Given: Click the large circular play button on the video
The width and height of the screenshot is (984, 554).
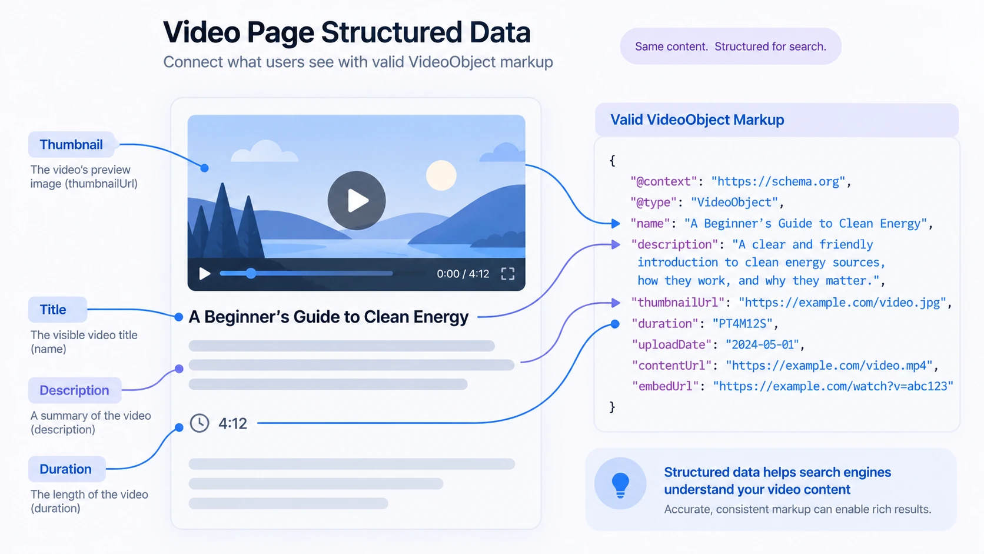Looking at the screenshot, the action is (x=357, y=200).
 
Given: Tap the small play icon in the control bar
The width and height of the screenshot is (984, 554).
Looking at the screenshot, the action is (x=204, y=274).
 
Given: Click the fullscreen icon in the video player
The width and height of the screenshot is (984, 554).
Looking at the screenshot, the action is (x=508, y=274).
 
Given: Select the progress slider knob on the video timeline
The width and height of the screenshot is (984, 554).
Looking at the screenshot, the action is (x=250, y=273).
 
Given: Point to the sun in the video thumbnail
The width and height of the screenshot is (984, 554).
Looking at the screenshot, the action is (x=441, y=175).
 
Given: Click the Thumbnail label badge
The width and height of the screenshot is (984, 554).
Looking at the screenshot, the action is (x=71, y=145).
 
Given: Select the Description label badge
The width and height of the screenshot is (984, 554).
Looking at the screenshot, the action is (x=75, y=390).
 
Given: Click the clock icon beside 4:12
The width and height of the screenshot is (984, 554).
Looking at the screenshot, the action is (x=200, y=423).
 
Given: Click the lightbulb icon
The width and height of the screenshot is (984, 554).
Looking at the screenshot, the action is (x=620, y=485).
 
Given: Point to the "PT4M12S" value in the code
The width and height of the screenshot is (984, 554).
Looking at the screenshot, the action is (x=742, y=324).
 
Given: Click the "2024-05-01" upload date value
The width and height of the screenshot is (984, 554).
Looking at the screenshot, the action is (x=762, y=345).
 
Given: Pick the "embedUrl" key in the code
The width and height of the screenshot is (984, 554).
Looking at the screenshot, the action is (x=665, y=387).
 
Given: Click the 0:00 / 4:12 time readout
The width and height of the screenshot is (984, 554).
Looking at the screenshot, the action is (x=463, y=274).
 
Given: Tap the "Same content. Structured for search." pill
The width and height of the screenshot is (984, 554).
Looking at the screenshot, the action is (x=730, y=46).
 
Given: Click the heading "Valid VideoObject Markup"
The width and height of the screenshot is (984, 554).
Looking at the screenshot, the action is (x=697, y=120).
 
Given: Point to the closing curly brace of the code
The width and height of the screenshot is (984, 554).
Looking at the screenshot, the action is (x=613, y=407).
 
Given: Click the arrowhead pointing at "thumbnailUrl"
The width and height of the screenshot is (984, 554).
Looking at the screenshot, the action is (x=616, y=303).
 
